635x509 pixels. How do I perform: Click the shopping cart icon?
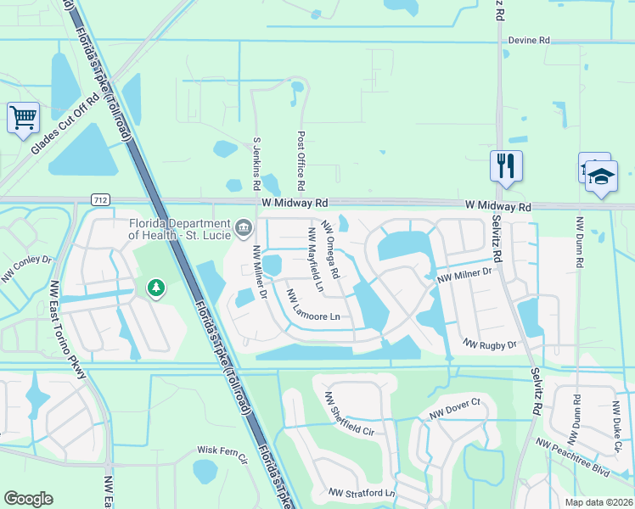tap(24, 116)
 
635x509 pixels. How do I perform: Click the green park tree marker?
tap(155, 288)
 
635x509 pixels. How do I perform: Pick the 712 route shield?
tap(100, 199)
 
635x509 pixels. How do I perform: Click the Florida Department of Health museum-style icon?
tap(244, 227)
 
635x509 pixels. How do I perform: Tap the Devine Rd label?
tap(530, 40)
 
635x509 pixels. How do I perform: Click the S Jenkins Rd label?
tap(256, 165)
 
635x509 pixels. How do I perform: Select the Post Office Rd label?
tap(301, 160)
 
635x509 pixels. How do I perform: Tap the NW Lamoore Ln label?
tap(313, 306)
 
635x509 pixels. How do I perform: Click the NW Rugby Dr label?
tap(490, 345)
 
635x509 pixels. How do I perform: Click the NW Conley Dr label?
tap(26, 268)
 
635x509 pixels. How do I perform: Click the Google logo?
tap(29, 498)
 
